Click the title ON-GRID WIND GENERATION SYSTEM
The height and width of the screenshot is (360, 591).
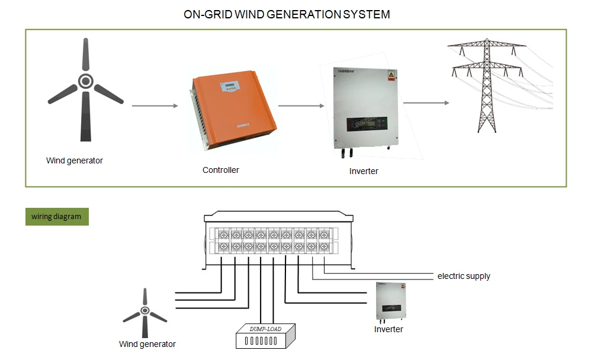[287, 14]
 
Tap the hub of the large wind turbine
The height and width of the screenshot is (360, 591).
[86, 81]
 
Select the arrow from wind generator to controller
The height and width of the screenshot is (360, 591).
[155, 106]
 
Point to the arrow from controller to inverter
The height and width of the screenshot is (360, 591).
[301, 106]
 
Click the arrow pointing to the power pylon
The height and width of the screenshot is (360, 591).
[426, 103]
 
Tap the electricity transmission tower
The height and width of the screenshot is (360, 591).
[486, 85]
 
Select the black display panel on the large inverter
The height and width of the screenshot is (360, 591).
[365, 124]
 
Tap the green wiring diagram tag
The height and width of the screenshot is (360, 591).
[56, 217]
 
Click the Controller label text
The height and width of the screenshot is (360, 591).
[221, 170]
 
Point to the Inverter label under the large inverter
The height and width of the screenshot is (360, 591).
[364, 171]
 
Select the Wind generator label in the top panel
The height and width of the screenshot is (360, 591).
[75, 160]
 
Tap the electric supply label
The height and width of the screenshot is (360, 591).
[464, 276]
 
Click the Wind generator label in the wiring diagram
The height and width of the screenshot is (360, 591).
[147, 344]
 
